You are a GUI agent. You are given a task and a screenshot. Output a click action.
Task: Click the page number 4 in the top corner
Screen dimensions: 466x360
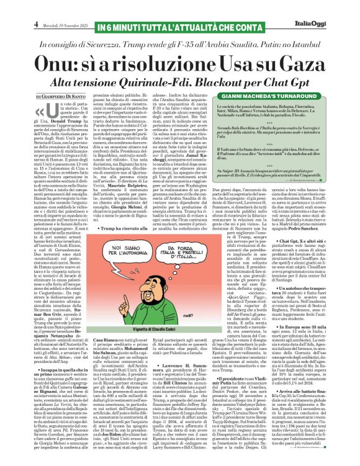click(11, 7)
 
